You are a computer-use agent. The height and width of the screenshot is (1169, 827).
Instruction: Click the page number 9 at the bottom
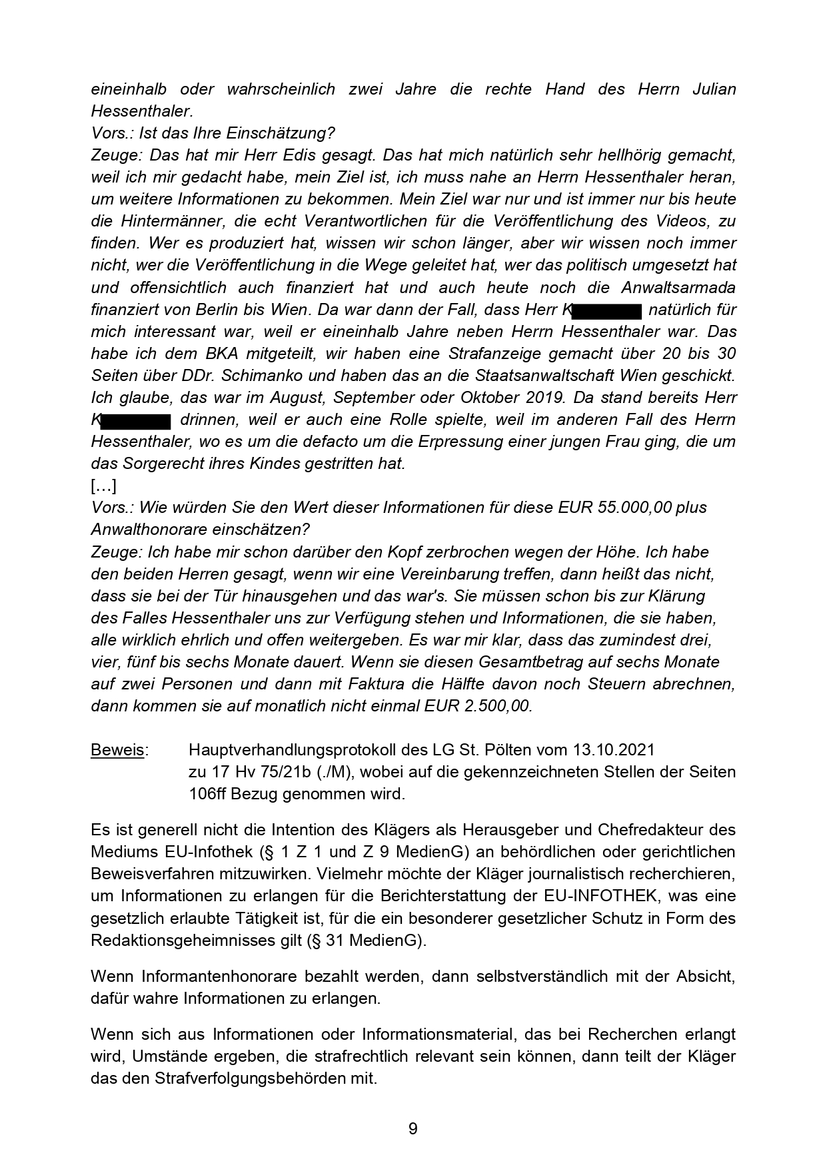pos(413,1129)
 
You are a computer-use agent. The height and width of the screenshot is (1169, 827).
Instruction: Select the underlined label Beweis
pos(117,750)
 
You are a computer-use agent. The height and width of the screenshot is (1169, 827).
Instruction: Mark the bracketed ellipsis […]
pos(104,486)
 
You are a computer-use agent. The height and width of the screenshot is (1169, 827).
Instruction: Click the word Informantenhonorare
pos(219,977)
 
